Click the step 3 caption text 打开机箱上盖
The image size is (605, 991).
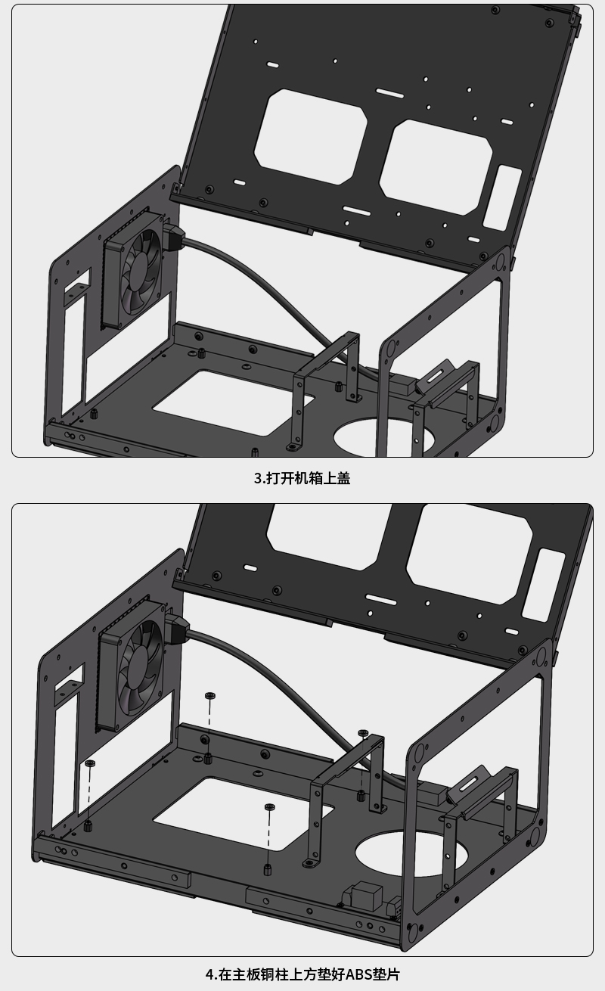(x=309, y=478)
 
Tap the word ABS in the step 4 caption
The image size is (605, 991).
(x=359, y=974)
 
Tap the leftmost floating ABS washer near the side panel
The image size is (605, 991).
(x=90, y=763)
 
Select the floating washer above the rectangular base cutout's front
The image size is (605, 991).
(x=270, y=807)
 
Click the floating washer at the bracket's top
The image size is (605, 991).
(x=363, y=733)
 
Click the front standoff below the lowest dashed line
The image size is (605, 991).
(x=268, y=869)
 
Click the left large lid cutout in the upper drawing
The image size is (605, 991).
(x=311, y=136)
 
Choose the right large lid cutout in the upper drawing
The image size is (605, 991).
(x=436, y=167)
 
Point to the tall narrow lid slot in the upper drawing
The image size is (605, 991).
(x=502, y=197)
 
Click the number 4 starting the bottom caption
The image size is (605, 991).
(x=209, y=974)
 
